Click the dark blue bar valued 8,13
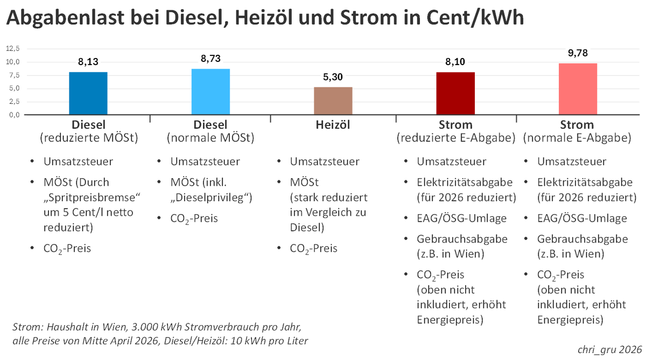pos(88,93)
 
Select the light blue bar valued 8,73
pos(210,91)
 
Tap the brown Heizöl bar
pos(333,101)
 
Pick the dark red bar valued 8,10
pos(455,93)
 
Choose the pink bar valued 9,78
pos(578,89)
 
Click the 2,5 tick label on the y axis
pos(13,101)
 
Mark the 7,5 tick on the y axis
pos(13,75)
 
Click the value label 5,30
pos(333,77)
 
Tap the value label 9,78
pos(578,54)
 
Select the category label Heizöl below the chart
pos(333,125)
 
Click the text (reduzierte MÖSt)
pos(89,138)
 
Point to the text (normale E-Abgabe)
pos(577,138)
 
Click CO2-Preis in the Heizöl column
pos(314,249)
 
